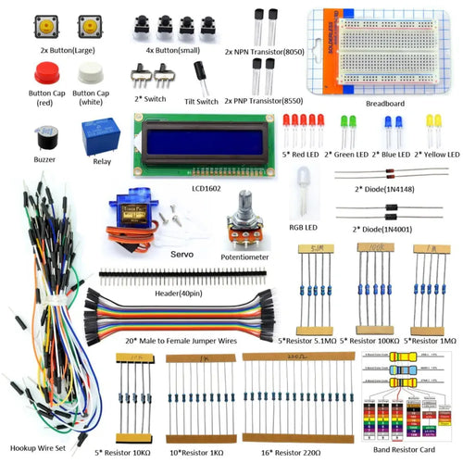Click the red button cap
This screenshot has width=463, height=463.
[46, 74]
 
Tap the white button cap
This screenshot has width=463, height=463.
[90, 73]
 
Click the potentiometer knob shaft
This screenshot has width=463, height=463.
[245, 203]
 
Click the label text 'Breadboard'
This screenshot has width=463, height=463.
[384, 104]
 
